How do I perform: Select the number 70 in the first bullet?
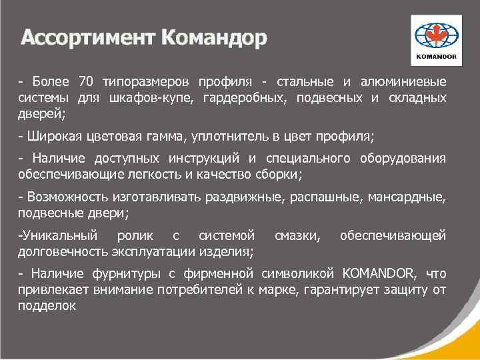click(x=87, y=82)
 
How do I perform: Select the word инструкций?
click(x=199, y=159)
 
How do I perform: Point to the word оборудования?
click(x=399, y=159)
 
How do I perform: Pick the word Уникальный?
click(x=58, y=235)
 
